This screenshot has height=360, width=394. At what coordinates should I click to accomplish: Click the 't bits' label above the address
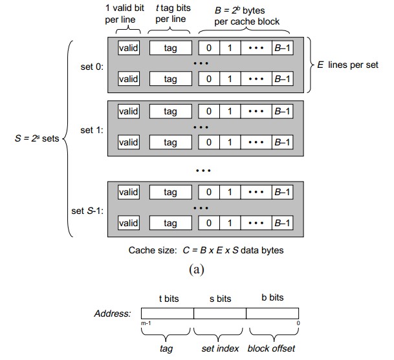coord(170,299)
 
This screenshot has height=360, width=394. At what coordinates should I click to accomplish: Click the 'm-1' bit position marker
coord(146,324)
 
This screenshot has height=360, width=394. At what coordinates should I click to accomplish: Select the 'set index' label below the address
coord(221,348)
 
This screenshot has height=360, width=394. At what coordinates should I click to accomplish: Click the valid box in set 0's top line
coord(129,48)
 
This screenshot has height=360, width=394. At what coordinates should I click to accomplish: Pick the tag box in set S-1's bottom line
coord(170,223)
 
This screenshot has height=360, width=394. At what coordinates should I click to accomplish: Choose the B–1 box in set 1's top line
coord(282,111)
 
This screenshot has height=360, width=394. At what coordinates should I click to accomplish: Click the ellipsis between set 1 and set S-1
coord(204,171)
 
